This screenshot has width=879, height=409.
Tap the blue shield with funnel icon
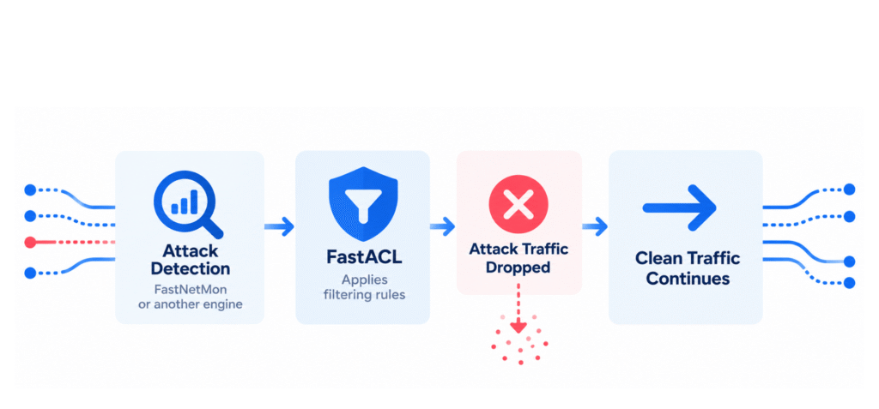pyautogui.click(x=363, y=203)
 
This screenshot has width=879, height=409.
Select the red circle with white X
pyautogui.click(x=518, y=203)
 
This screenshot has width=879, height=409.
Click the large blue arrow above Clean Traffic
pyautogui.click(x=680, y=208)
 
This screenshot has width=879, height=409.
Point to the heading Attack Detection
pyautogui.click(x=190, y=259)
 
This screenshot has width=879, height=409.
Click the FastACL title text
pyautogui.click(x=363, y=257)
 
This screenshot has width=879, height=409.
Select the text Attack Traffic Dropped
pyautogui.click(x=518, y=258)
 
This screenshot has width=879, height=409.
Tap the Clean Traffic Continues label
pyautogui.click(x=688, y=268)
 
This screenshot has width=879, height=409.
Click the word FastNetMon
pyautogui.click(x=190, y=291)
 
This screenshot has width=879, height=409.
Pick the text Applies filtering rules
pyautogui.click(x=363, y=287)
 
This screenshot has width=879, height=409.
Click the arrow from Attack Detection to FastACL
pyautogui.click(x=279, y=226)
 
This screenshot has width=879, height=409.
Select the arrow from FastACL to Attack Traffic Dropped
pyautogui.click(x=442, y=226)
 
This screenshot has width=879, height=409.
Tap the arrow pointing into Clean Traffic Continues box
pyautogui.click(x=595, y=226)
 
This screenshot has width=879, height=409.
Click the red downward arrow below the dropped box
pyautogui.click(x=518, y=309)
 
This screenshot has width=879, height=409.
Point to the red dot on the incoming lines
pyautogui.click(x=30, y=243)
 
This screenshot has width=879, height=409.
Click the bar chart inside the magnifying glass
pyautogui.click(x=185, y=201)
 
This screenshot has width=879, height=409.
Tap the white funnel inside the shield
pyautogui.click(x=363, y=201)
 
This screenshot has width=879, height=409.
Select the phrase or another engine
pyautogui.click(x=190, y=305)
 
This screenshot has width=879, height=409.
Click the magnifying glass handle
pyautogui.click(x=213, y=228)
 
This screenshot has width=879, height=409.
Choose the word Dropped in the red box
pyautogui.click(x=518, y=267)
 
